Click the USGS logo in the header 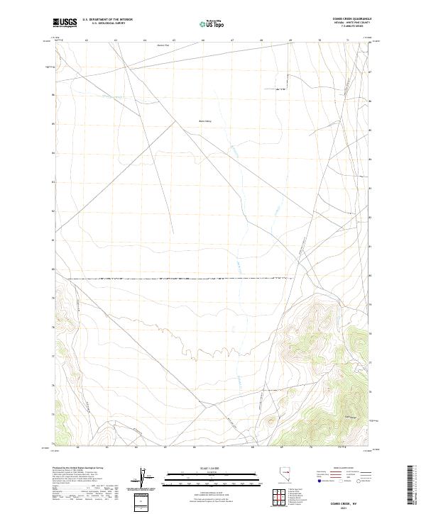coord(65,22)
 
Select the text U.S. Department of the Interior coord(107,19)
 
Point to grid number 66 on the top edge coord(203,40)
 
